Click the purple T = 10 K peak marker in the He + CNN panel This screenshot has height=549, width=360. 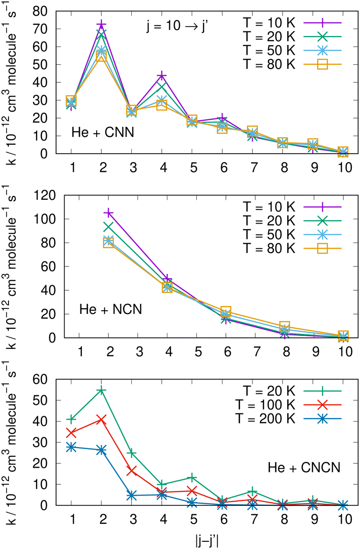point(101,25)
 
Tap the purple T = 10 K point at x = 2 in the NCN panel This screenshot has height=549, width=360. point(108,213)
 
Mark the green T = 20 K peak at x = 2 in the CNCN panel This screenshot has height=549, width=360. point(101,391)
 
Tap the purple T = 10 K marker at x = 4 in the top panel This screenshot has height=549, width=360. point(162,76)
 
